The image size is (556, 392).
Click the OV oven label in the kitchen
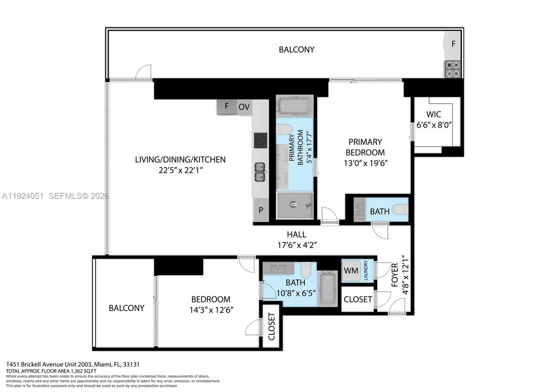click(x=244, y=107)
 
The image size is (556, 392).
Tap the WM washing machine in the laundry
click(x=351, y=271)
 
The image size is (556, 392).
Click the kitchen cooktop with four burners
click(x=260, y=140)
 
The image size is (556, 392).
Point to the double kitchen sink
click(x=260, y=172)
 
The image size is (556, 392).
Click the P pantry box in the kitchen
click(x=261, y=210)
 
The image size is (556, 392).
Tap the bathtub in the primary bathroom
click(x=295, y=106)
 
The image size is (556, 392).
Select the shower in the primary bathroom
click(x=295, y=205)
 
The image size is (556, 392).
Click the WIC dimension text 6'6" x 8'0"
click(x=434, y=125)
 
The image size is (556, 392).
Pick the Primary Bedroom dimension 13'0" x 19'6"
click(x=365, y=163)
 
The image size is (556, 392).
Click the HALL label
click(x=296, y=235)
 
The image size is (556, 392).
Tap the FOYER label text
click(x=395, y=275)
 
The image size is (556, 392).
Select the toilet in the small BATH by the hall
click(x=400, y=210)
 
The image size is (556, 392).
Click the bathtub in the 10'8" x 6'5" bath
click(x=327, y=289)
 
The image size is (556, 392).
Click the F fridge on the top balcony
click(x=453, y=44)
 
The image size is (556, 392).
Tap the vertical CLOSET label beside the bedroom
click(x=271, y=326)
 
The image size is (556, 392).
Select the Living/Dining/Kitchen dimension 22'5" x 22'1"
click(x=180, y=170)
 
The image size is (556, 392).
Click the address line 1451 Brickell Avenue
click(x=73, y=364)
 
